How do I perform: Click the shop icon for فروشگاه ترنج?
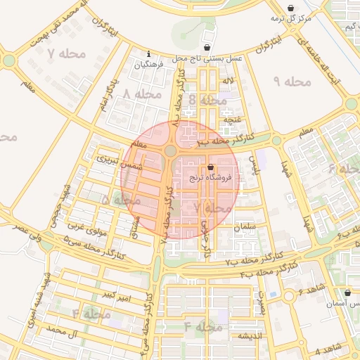click(211, 167)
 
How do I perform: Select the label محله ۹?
click(292, 82)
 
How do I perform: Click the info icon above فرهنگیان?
click(148, 54)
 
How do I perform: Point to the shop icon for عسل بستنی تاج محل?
click(207, 47)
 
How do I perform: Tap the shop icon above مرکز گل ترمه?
click(291, 8)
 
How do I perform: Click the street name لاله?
click(226, 83)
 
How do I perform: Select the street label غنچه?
click(231, 120)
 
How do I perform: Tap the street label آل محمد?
click(61, 329)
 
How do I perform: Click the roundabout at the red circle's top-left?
click(171, 150)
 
